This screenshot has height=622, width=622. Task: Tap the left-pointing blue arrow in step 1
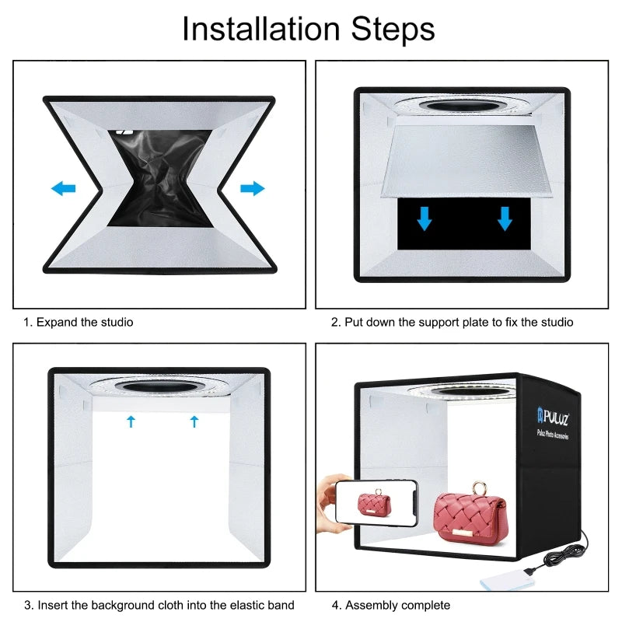tap(64, 188)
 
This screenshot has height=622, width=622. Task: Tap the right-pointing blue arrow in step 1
tap(252, 188)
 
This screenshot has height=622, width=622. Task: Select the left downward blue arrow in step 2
tap(424, 219)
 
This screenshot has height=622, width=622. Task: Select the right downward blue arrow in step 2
tap(505, 219)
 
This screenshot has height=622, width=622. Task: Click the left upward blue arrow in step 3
tap(131, 421)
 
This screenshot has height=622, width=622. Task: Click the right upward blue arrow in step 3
tap(194, 421)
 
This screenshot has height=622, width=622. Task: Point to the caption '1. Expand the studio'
tap(77, 322)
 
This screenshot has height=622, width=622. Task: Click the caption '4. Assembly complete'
tap(391, 605)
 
